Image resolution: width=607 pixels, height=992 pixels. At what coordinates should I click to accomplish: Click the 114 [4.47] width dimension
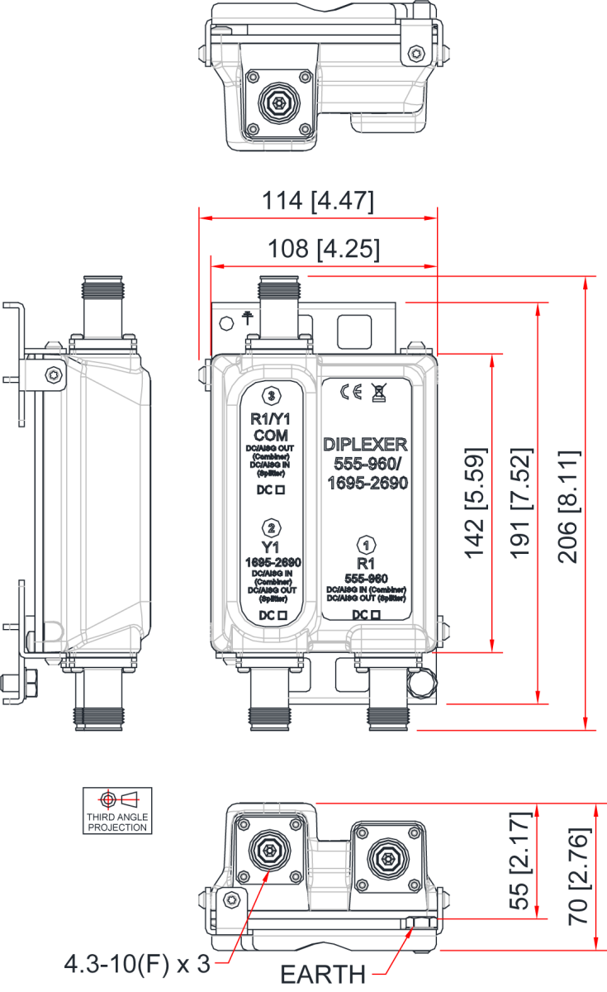[318, 202]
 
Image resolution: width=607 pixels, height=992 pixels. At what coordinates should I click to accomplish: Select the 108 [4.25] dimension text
[323, 249]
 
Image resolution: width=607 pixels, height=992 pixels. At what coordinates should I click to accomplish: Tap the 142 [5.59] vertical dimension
[475, 503]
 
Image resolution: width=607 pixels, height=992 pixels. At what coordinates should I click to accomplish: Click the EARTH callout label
[323, 975]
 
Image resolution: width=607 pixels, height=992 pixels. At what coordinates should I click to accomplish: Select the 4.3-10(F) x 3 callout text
[137, 963]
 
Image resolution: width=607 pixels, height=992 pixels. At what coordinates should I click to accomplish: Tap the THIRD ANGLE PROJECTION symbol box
[117, 810]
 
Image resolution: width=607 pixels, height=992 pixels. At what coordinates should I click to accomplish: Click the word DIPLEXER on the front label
[365, 445]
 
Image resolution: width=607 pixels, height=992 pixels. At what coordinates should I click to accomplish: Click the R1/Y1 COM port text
[272, 427]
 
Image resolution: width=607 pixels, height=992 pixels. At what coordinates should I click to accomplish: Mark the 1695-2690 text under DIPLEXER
[368, 484]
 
